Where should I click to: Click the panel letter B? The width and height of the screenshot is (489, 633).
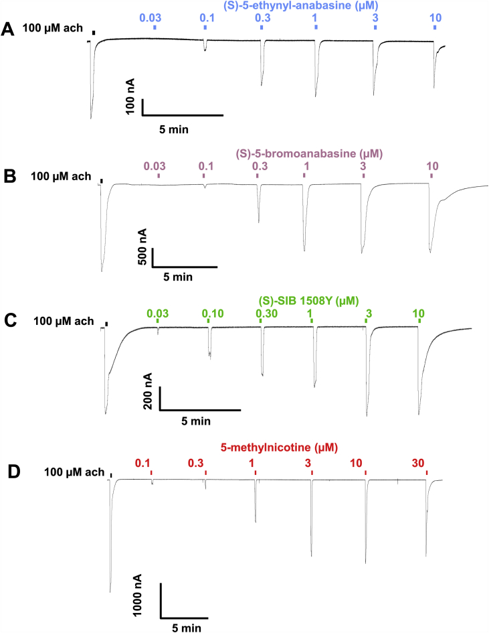point(9,178)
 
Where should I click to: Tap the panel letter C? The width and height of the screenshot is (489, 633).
point(9,321)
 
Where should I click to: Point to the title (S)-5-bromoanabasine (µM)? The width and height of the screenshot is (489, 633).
point(290,153)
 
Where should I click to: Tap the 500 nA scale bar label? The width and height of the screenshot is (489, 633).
point(142,247)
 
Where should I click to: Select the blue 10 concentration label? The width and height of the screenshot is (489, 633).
point(435,17)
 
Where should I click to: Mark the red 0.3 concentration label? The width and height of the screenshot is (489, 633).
point(197,462)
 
